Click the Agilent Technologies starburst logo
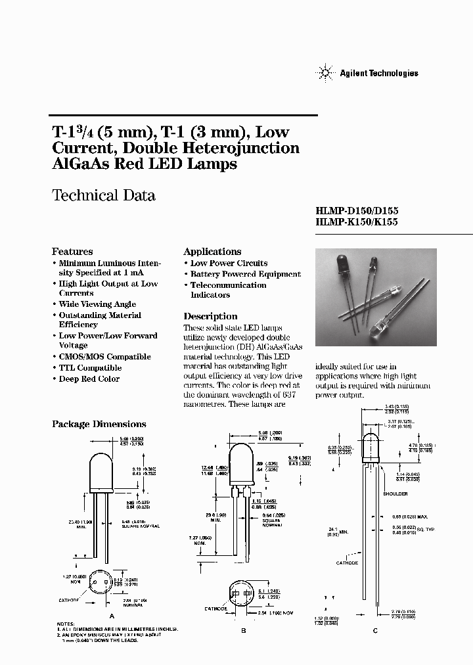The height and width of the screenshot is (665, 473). point(327,72)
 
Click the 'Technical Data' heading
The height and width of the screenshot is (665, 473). point(103,195)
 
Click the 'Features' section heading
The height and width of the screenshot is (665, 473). point(72,252)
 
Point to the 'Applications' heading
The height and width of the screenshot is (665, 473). point(212,252)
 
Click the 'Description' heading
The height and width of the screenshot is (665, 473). point(210,316)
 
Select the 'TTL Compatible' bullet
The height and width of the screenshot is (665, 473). point(90,368)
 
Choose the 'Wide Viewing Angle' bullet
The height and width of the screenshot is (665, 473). point(97,304)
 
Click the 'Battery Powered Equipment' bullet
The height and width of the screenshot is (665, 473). point(245,274)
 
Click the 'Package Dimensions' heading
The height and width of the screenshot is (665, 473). point(99,424)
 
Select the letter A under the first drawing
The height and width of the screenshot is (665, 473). point(112,616)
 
